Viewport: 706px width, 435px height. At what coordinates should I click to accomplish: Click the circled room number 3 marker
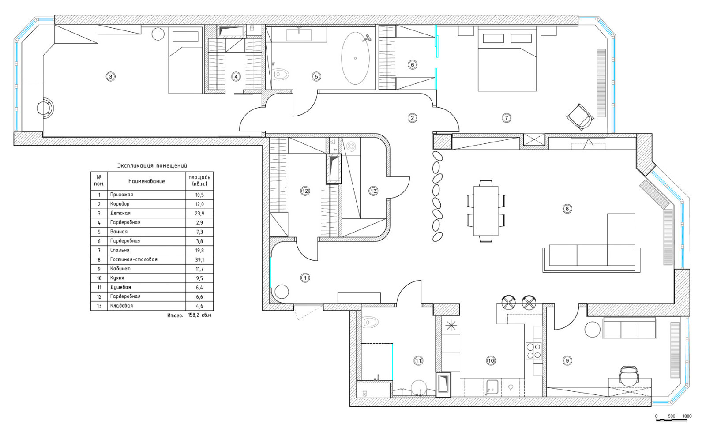point(110,76)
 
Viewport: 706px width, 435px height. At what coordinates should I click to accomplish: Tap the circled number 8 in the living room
point(567,209)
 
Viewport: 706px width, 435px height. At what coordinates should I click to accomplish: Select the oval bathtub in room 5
point(355,58)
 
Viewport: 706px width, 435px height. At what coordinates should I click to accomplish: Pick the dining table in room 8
point(486,211)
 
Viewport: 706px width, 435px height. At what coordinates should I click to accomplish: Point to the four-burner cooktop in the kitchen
point(533,351)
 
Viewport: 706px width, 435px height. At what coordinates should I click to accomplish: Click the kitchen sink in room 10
point(492,387)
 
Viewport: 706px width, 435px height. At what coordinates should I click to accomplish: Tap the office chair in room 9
point(629,375)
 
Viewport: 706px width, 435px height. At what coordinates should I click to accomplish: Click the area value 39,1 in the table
point(199,260)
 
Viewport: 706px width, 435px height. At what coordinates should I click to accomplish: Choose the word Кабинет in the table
point(120,269)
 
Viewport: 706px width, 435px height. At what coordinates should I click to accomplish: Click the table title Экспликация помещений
point(152,165)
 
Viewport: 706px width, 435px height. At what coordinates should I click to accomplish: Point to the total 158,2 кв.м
point(199,315)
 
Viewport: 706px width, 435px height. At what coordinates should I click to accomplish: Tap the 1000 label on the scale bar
point(687,416)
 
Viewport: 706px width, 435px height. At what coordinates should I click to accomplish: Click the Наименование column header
point(146,181)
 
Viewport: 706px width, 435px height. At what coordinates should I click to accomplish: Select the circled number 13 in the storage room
point(373,191)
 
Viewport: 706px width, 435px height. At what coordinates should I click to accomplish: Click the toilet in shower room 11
point(371,322)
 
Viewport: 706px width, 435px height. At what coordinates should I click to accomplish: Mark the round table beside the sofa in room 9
point(593,330)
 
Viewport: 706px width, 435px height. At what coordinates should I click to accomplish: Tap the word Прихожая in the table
point(122,195)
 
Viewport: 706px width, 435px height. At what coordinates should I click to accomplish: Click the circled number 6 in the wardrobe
point(412,65)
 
